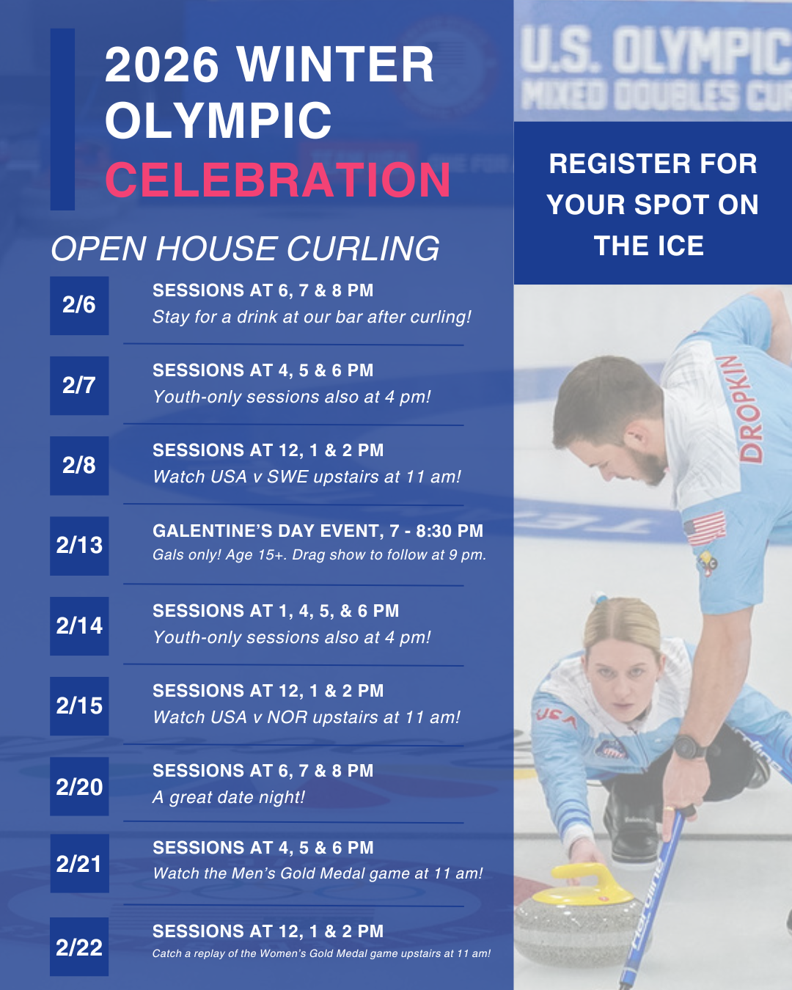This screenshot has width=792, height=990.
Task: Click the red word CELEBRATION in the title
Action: click(x=277, y=180)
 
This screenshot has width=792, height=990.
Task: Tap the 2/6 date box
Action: click(x=79, y=305)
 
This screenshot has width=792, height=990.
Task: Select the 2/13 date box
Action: click(x=79, y=546)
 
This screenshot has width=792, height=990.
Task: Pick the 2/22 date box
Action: click(x=79, y=947)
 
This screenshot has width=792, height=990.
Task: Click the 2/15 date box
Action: click(x=79, y=705)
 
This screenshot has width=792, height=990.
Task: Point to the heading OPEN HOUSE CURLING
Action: click(x=245, y=249)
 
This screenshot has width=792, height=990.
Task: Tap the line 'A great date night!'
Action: click(x=229, y=797)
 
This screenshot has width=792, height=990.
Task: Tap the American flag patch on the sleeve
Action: click(x=705, y=528)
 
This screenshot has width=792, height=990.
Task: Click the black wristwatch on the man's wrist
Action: click(x=690, y=747)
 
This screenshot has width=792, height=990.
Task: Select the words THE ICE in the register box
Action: click(x=649, y=246)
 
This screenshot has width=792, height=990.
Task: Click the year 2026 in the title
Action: click(x=162, y=65)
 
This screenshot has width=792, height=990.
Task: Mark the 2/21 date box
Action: click(x=79, y=863)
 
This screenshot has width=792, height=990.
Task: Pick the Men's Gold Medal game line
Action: click(x=318, y=873)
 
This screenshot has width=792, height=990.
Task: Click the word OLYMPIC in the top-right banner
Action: click(x=700, y=51)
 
